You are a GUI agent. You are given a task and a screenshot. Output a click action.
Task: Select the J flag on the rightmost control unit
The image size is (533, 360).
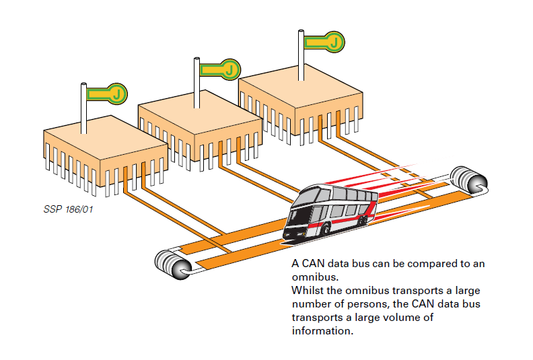click(x=325, y=42)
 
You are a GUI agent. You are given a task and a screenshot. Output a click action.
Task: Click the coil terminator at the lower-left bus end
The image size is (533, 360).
click(x=172, y=263)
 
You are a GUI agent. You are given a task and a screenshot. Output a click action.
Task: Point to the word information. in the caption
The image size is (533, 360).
click(x=322, y=331)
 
